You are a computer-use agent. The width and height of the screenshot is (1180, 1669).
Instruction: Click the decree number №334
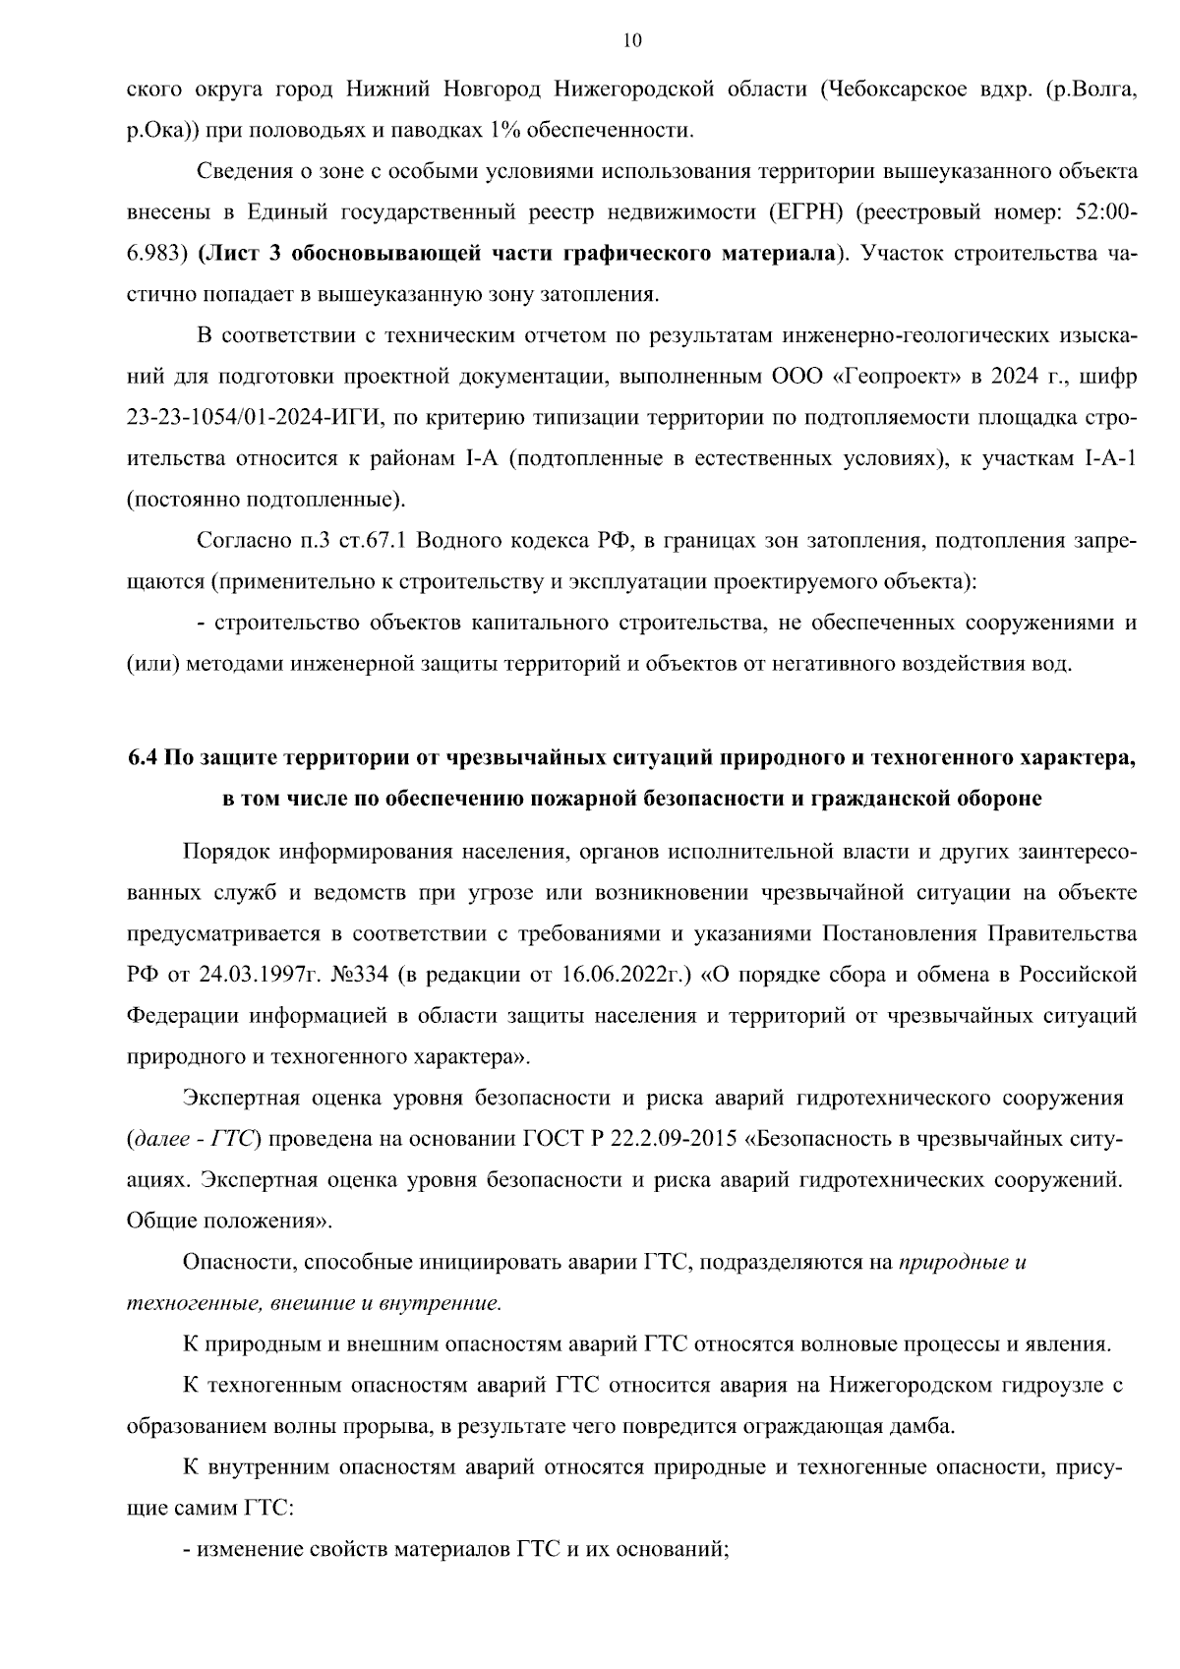[x=363, y=975]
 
